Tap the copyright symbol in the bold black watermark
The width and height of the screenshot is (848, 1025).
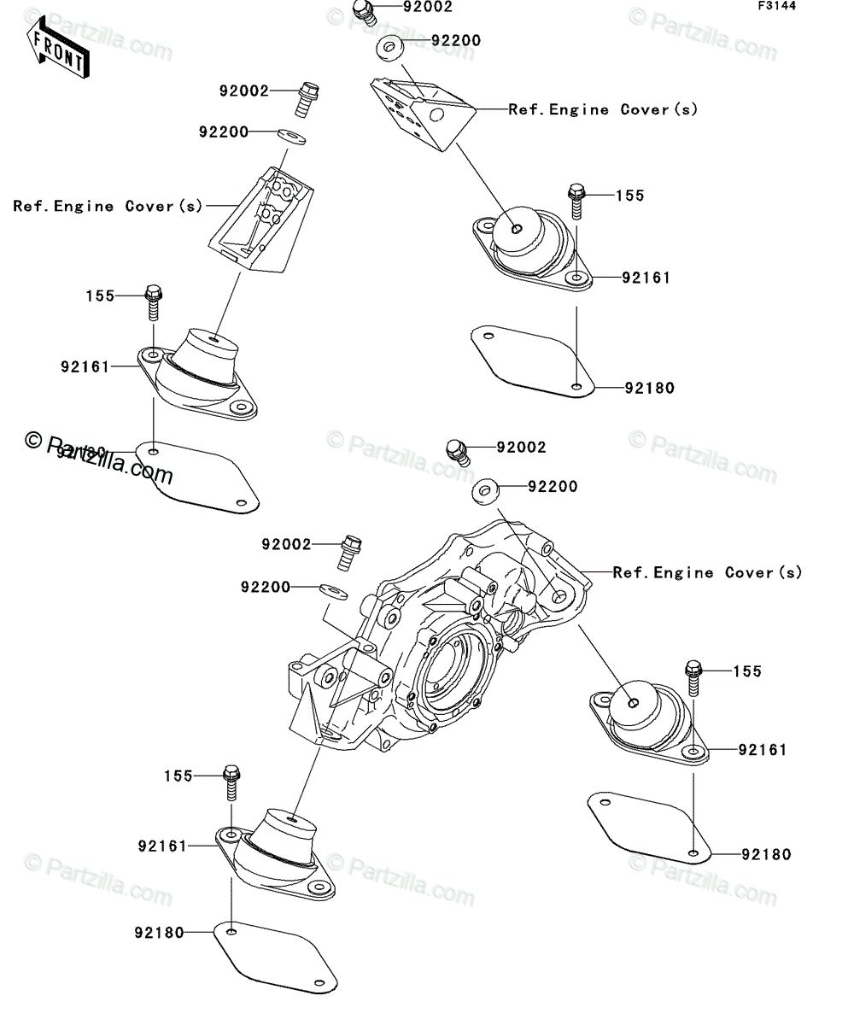tap(33, 440)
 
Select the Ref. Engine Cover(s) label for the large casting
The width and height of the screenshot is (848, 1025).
tap(708, 573)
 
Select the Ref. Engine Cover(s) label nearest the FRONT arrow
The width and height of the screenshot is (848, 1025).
tap(108, 206)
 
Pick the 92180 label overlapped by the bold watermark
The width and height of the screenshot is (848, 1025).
tap(81, 452)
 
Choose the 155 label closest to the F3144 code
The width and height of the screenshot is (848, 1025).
tap(629, 196)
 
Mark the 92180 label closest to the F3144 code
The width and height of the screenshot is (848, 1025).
tap(649, 388)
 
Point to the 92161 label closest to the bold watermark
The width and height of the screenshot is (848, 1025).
tap(85, 367)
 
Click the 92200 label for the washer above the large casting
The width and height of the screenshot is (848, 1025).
tap(553, 487)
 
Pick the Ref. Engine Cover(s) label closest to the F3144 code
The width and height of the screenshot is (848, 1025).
tap(603, 109)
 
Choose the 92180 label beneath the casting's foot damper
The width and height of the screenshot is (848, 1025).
tap(159, 934)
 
